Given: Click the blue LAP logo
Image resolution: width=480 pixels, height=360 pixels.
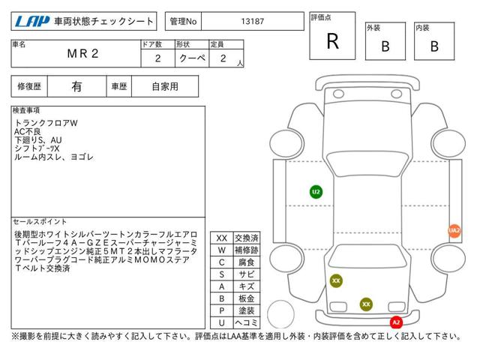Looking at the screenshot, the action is pos(32,22).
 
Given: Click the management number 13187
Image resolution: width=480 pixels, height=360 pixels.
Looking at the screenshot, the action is pos(253,22).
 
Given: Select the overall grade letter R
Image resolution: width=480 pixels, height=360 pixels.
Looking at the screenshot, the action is pos(333,41).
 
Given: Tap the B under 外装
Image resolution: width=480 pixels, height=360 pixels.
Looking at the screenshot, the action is pos(385,46).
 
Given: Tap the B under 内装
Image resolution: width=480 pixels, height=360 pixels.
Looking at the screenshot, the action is pos(434,46).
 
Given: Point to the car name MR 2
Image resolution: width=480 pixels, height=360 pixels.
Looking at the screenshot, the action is pos(82,53).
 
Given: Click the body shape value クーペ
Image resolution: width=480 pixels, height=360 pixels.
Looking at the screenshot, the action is pos(192,58).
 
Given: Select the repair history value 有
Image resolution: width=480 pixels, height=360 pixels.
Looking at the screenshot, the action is pos(76,87).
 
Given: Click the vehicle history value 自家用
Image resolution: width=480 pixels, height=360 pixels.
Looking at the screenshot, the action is pos(165,87).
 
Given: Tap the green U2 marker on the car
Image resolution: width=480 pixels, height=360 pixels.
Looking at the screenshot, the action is pos(316,192).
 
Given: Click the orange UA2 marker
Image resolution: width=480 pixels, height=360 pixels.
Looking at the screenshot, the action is pos(454,230).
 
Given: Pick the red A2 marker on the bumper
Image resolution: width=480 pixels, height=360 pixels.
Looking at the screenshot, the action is pos(396,322).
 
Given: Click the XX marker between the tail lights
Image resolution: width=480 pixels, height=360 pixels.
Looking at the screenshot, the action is pos(366,304).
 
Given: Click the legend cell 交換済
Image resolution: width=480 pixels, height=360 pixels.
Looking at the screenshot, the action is pos(247,238).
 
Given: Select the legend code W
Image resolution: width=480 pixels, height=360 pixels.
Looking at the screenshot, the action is pos(222,250).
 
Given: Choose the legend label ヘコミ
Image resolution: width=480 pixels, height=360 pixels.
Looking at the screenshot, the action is pos(247,322).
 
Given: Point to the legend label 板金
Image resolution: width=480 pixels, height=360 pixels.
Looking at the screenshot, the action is pos(247,298).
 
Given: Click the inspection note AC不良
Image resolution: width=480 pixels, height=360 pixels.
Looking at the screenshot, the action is pos(28,132).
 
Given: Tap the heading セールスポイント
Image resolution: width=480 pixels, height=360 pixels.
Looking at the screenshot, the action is pos(40,222).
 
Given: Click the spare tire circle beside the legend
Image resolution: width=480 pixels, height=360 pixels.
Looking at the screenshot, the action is pos(281,314).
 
